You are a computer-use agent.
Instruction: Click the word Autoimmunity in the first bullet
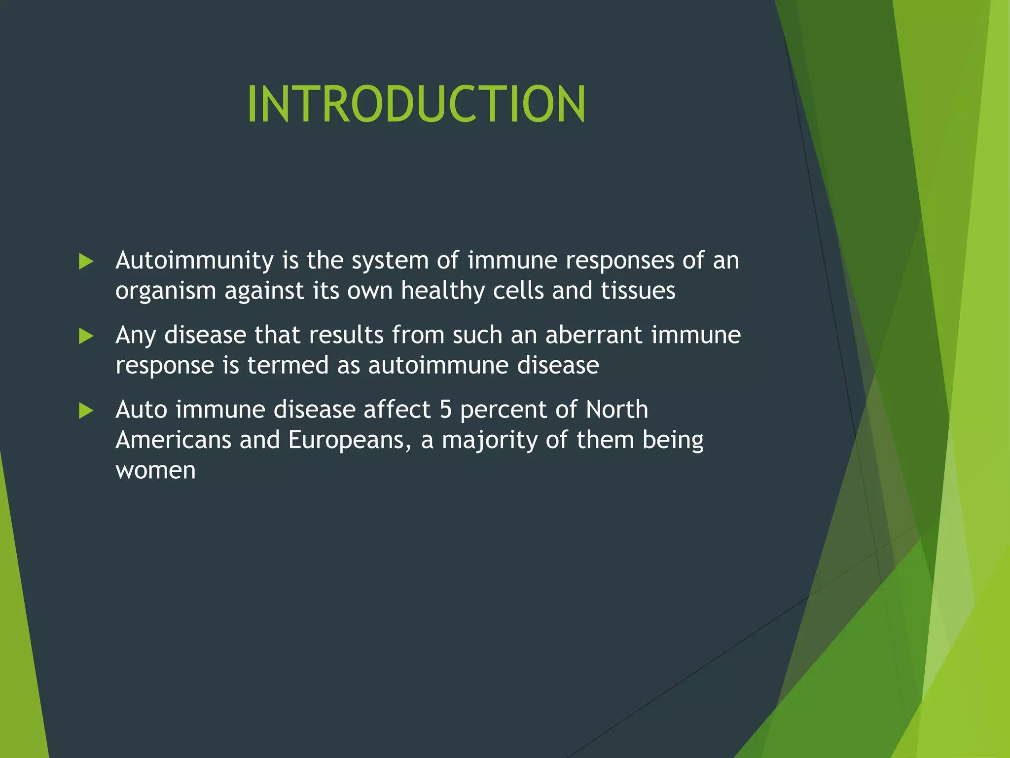194,261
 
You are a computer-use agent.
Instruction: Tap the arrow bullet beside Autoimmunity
86,262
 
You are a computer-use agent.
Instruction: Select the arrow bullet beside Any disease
86,337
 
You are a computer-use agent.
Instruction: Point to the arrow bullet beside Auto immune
86,411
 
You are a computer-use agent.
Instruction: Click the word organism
166,291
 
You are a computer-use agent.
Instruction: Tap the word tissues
638,291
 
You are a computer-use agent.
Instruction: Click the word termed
288,366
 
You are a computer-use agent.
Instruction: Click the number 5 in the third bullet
446,410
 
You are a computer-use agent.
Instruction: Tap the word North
617,410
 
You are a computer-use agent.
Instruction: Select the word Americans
173,440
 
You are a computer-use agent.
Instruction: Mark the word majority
490,441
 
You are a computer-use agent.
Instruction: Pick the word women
155,471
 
